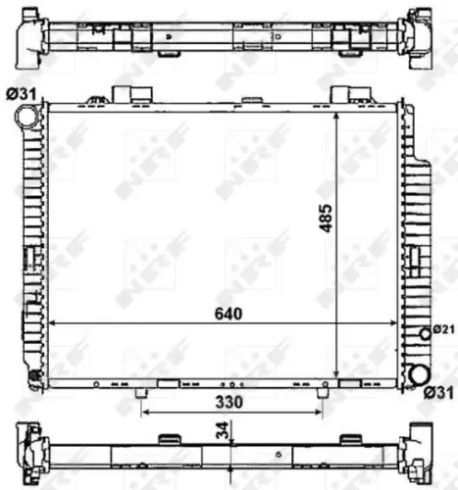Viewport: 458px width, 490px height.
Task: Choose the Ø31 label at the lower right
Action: click(439, 393)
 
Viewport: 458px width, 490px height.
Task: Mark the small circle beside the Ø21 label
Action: click(425, 333)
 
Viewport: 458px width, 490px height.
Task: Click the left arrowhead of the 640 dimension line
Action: click(53, 324)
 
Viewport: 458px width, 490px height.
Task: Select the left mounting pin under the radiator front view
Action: click(143, 392)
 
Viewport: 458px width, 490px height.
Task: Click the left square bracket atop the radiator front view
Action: click(126, 93)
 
